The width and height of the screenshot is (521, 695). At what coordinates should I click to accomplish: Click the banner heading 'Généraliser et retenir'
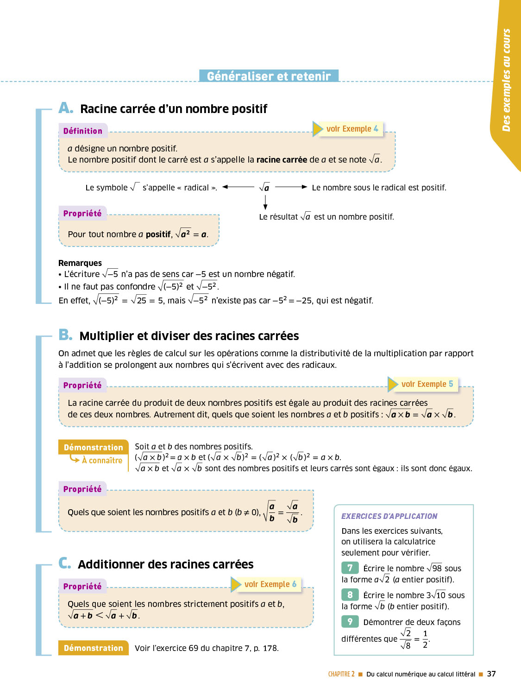point(269,76)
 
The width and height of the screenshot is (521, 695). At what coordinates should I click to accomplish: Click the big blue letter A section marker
point(66,108)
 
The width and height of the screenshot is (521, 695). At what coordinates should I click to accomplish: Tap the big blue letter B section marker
point(65,335)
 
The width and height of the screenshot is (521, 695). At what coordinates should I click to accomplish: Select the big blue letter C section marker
point(65,563)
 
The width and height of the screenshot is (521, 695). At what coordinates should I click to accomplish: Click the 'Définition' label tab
point(83,131)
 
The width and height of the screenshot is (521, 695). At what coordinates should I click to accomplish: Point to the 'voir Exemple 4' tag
point(352,129)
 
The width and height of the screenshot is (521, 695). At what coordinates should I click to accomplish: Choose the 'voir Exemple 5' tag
point(427,384)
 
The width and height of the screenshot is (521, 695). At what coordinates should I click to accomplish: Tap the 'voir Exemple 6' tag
point(270,584)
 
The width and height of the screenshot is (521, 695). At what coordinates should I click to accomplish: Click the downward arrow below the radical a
point(265,202)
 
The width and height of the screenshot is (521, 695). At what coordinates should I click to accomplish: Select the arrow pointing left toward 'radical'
point(238,187)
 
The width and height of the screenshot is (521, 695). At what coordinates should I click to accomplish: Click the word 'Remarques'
point(80,263)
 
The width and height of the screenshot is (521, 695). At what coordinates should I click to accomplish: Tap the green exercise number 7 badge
point(350,568)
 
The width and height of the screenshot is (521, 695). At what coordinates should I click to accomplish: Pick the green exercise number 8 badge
point(350,594)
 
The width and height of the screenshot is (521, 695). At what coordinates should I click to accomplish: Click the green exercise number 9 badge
point(350,621)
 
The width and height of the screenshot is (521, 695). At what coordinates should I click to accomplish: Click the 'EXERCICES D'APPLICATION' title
point(389,516)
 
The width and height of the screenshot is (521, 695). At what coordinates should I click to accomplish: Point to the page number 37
point(491,674)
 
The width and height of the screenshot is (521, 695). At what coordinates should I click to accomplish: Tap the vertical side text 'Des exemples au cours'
point(506,80)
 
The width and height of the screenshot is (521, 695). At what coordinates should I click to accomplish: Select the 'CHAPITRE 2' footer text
point(341,674)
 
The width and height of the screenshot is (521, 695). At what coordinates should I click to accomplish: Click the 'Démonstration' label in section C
point(94,648)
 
